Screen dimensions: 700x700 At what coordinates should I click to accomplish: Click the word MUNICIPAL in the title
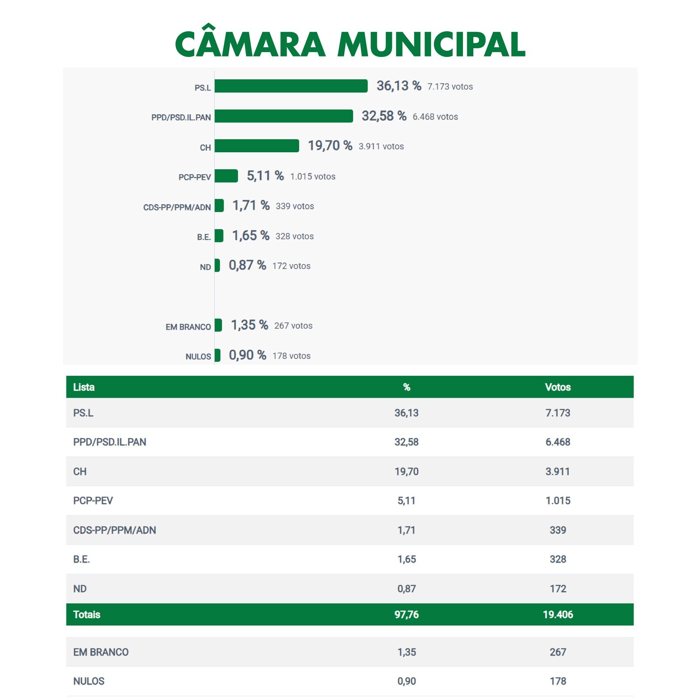(x=431, y=45)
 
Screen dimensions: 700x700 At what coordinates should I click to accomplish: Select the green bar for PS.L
(x=291, y=86)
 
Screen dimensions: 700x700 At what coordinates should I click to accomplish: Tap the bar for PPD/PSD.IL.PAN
(x=283, y=116)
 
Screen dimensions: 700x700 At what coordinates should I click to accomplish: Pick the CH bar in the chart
(x=257, y=146)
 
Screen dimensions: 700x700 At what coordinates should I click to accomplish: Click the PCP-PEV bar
(x=226, y=176)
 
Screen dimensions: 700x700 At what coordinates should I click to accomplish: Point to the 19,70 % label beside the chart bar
(x=330, y=146)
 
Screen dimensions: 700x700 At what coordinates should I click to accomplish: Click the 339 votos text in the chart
(x=294, y=206)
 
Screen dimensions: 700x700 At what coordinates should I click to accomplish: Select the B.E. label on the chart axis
(x=204, y=237)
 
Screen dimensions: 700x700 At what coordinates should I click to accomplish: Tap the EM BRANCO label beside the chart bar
(x=188, y=327)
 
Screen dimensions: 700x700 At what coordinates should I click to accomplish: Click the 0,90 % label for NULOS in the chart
(x=247, y=355)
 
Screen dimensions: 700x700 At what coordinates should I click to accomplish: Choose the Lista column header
(x=84, y=387)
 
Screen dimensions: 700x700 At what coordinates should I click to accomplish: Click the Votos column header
(x=558, y=387)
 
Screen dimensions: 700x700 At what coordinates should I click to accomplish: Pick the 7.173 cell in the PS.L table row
(x=558, y=413)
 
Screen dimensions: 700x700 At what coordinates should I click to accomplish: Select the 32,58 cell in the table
(x=406, y=442)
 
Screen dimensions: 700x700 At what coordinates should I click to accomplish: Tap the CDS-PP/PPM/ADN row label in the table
(x=115, y=530)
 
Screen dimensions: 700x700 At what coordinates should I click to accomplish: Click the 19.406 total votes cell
(x=558, y=615)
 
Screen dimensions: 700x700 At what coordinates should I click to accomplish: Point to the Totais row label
(x=87, y=615)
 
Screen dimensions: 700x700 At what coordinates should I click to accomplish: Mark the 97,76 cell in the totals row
(x=406, y=615)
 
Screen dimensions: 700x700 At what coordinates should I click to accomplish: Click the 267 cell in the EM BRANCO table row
(x=558, y=652)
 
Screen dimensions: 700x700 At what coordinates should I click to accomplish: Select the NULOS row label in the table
(x=89, y=681)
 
